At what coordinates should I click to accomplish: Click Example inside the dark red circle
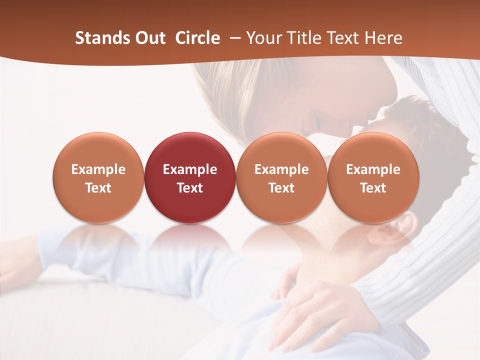pos(190,169)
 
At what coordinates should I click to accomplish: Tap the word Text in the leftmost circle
pos(98,188)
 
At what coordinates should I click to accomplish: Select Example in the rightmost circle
pos(373,169)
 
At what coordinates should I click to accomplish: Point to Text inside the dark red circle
pos(190,188)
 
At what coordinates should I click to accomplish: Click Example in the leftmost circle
pos(98,169)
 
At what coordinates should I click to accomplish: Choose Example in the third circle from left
pos(281,169)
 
